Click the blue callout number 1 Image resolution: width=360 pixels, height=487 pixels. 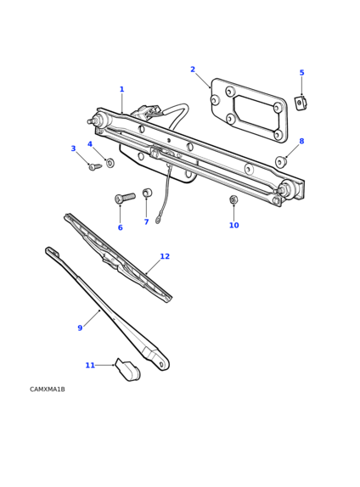click(x=122, y=89)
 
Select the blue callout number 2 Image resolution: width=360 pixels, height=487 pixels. click(x=193, y=70)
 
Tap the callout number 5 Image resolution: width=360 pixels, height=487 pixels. click(x=301, y=73)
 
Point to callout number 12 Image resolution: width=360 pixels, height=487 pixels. click(x=165, y=256)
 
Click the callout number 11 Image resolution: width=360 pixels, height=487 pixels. click(x=90, y=365)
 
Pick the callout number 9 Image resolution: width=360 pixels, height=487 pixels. click(x=80, y=328)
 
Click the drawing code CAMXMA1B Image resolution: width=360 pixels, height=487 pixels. click(x=48, y=389)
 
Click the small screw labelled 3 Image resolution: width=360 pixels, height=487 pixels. click(x=95, y=167)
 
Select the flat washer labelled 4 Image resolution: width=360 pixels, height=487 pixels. click(x=110, y=162)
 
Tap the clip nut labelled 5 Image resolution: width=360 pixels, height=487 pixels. click(x=301, y=104)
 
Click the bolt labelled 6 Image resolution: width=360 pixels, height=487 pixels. click(x=125, y=198)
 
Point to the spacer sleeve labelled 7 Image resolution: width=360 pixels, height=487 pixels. click(x=147, y=193)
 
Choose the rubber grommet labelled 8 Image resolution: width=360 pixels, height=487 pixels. click(x=281, y=162)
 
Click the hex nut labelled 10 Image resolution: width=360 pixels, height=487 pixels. click(x=233, y=199)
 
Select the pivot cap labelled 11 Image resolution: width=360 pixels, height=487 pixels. click(x=127, y=370)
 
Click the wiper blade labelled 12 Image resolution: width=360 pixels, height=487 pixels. click(x=118, y=258)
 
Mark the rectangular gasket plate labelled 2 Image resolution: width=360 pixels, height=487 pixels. click(x=249, y=110)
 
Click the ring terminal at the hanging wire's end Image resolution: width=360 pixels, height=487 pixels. click(x=158, y=221)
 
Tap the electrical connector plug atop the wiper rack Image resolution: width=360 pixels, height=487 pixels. click(x=145, y=111)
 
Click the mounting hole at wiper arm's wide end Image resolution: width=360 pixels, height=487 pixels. click(x=161, y=364)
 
